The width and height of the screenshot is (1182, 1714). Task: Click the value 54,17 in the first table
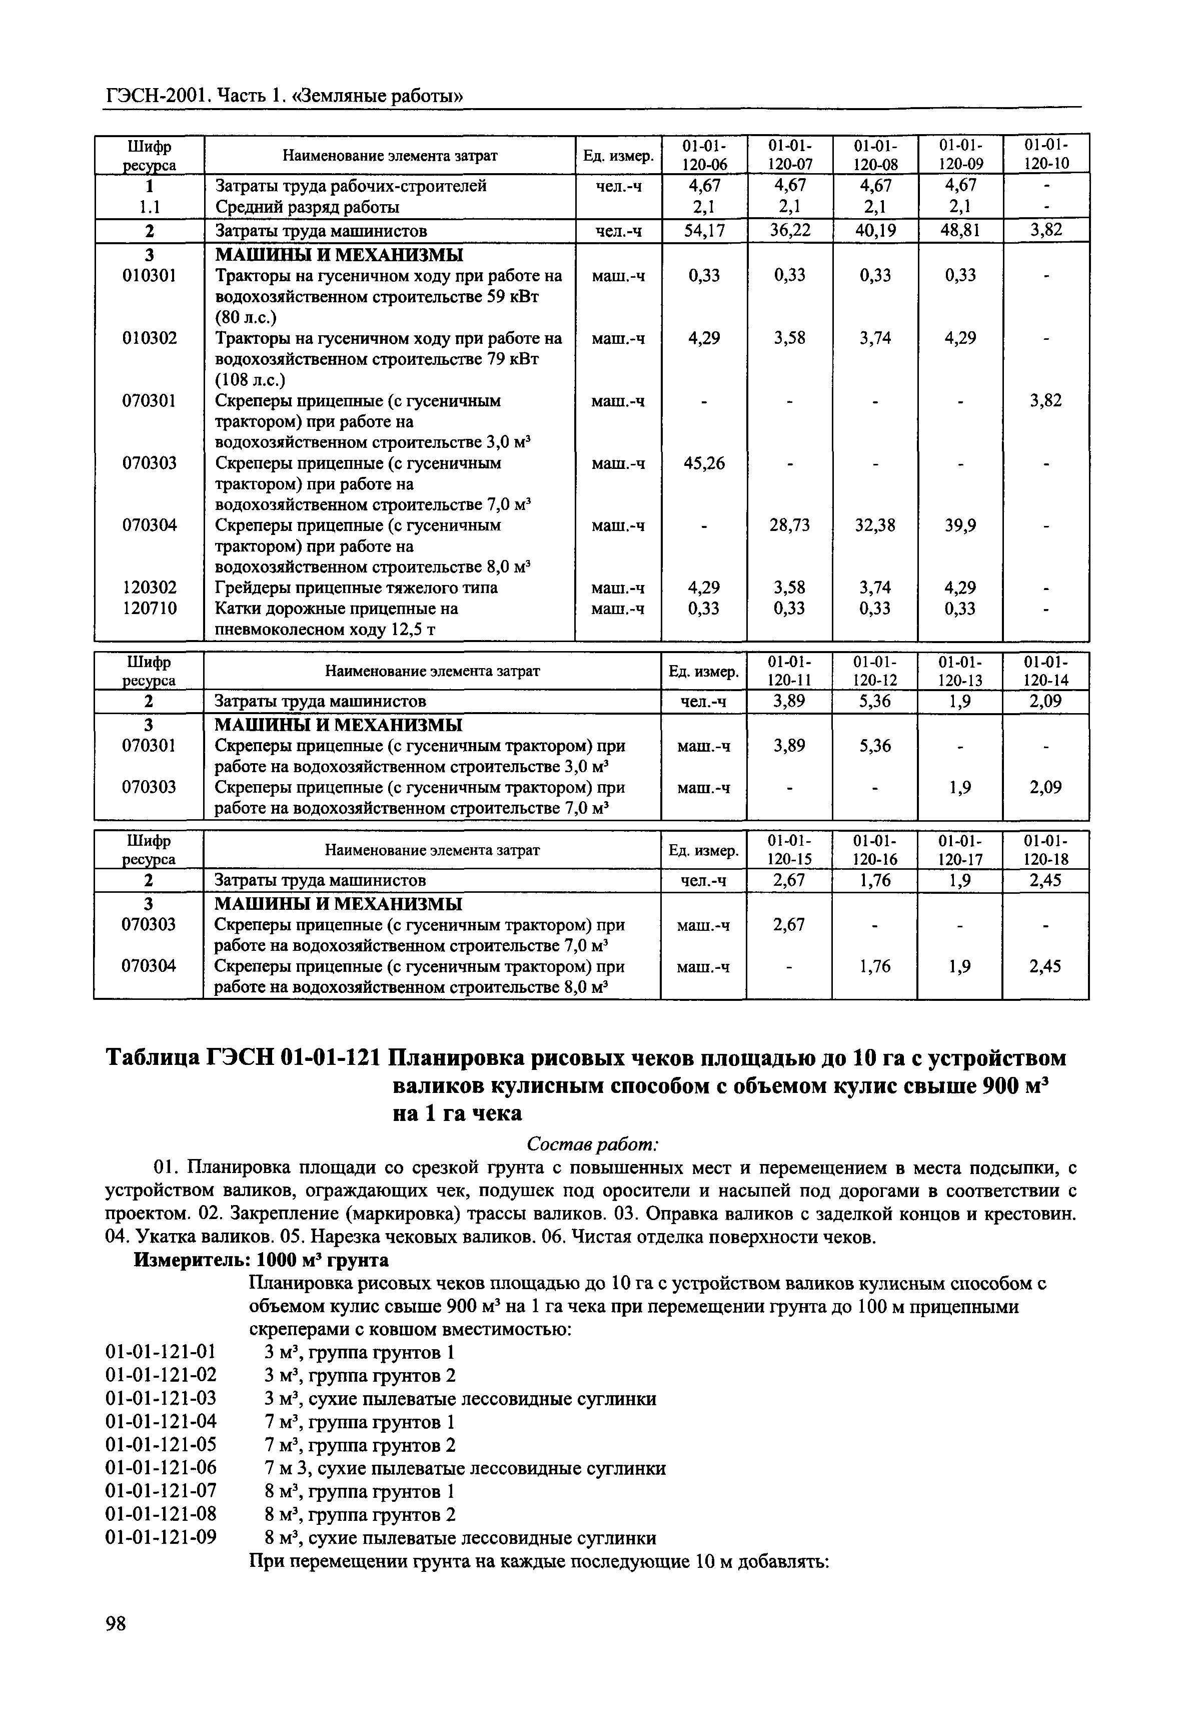click(704, 230)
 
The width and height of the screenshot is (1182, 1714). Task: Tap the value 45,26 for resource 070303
click(704, 464)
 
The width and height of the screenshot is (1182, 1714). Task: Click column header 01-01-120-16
click(875, 850)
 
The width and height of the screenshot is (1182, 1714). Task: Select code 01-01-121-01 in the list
click(162, 1353)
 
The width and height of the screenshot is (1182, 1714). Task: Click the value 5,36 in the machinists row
click(875, 701)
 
